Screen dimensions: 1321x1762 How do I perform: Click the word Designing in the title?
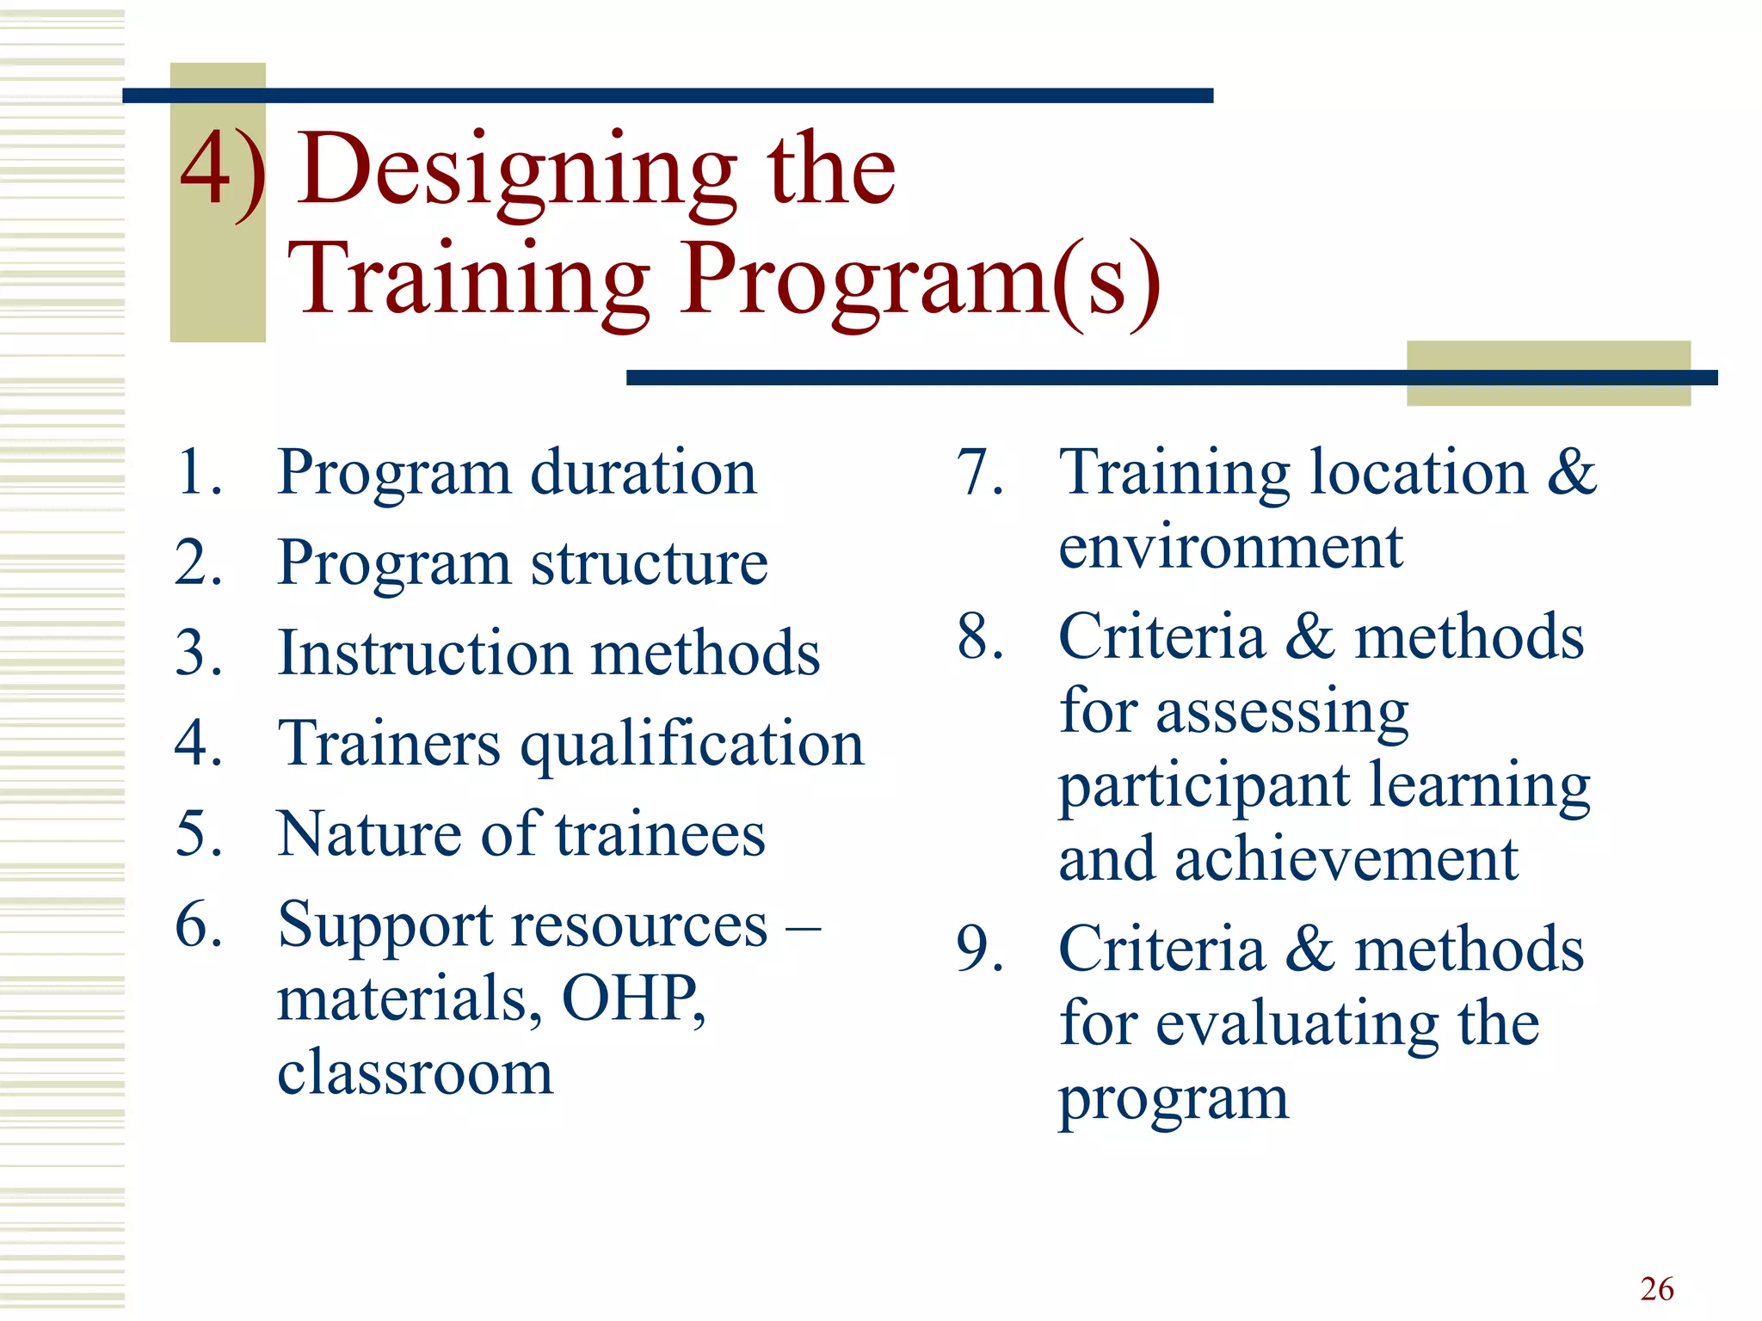[517, 172]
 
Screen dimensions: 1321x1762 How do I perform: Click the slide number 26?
[1656, 1288]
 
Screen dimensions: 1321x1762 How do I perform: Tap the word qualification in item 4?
[692, 745]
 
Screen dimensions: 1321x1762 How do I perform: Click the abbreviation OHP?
[632, 998]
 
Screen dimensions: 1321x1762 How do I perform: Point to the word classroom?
[415, 1072]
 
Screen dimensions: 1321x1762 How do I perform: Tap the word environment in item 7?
[1230, 547]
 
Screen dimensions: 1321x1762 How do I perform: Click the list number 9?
[980, 949]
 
